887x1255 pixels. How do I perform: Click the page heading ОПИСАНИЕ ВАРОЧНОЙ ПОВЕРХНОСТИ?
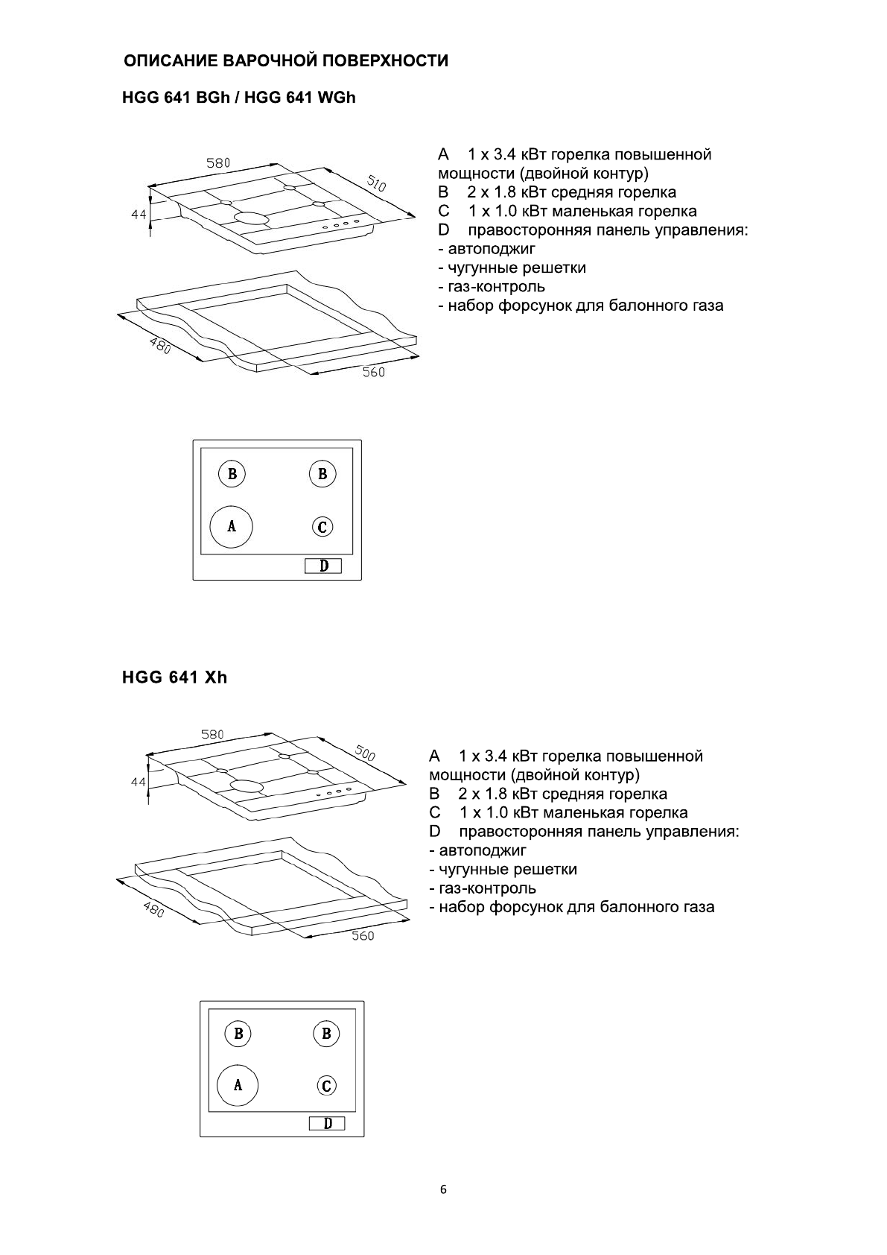286,61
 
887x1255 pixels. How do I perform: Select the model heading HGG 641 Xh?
174,677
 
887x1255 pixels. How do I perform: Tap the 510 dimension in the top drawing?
376,183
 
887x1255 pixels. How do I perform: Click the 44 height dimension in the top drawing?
139,214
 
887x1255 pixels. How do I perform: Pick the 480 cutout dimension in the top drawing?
160,346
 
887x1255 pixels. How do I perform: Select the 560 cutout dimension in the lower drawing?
363,935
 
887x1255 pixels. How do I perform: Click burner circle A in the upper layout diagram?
232,526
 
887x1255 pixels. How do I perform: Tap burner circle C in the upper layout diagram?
322,527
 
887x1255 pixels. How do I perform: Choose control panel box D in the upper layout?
323,566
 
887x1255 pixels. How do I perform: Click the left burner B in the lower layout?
238,1034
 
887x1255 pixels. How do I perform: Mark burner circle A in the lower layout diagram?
238,1085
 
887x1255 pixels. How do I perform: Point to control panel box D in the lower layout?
328,1124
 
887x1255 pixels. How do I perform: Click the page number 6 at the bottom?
443,1189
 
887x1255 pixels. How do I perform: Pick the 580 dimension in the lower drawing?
212,735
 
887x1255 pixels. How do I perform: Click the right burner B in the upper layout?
322,473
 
